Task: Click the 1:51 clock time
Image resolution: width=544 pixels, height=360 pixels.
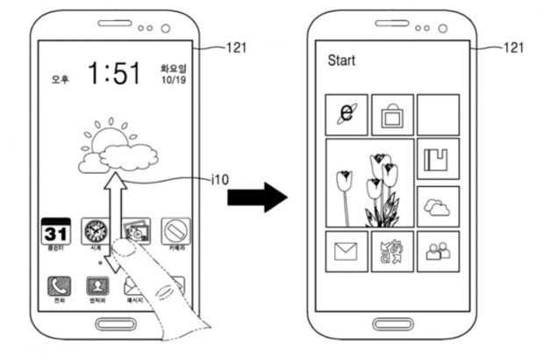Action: tap(113, 74)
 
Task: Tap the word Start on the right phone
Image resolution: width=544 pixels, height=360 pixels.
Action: tap(341, 61)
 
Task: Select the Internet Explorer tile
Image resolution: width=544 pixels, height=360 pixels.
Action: tap(347, 114)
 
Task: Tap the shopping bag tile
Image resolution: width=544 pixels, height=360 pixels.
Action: tap(391, 114)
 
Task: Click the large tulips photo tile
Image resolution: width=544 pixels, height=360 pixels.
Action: tap(369, 183)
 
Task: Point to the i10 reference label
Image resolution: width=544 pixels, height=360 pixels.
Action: tap(220, 180)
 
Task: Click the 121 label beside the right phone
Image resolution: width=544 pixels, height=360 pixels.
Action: tap(517, 47)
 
